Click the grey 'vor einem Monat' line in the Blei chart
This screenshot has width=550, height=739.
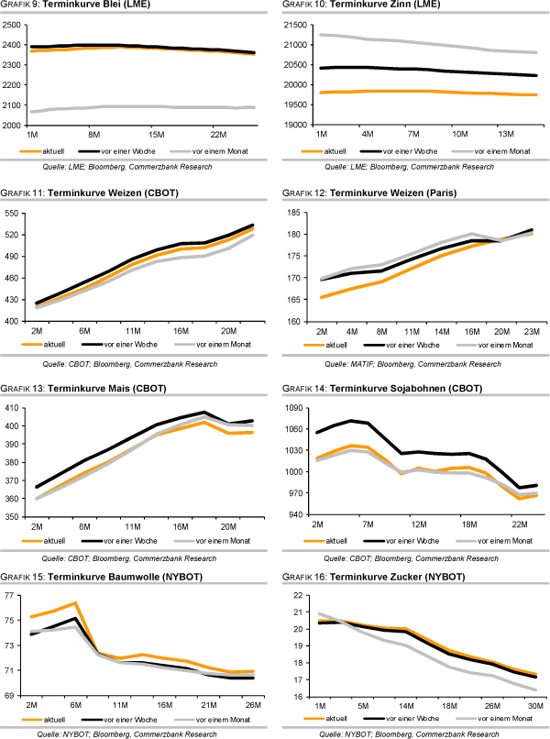click(x=137, y=107)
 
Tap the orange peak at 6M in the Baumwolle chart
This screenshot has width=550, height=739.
click(x=75, y=602)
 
